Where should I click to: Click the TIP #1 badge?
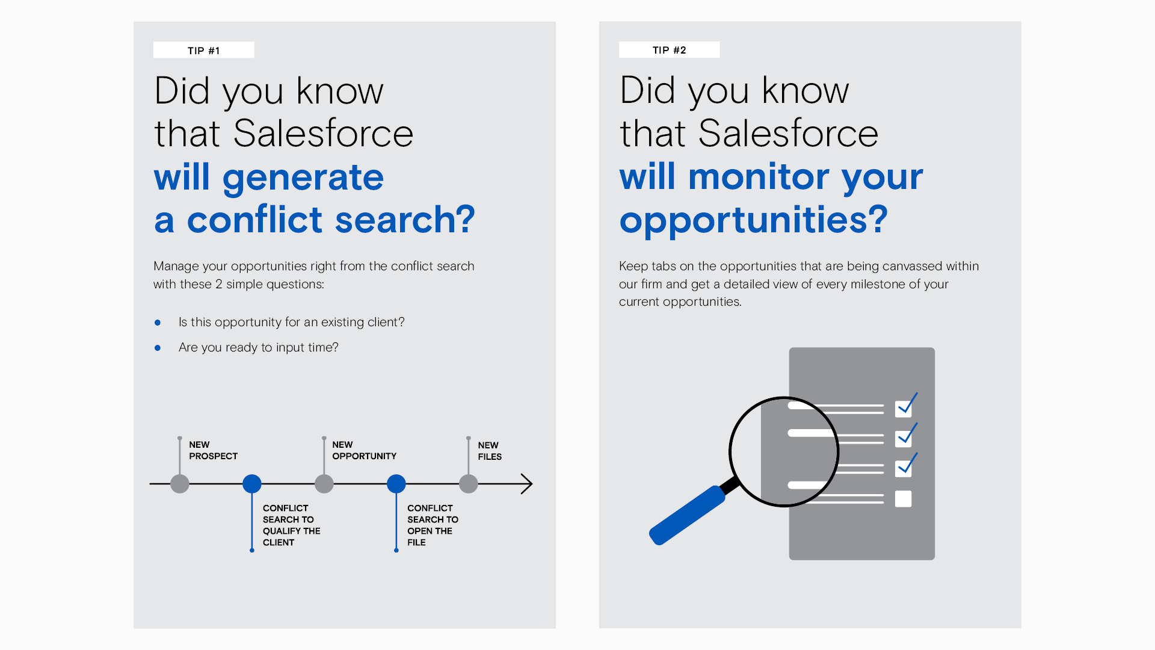tap(204, 50)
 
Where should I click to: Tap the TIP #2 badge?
tap(669, 50)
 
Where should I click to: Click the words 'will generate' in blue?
tap(268, 178)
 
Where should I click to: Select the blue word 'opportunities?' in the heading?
tap(753, 220)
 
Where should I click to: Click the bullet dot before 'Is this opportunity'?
tap(158, 323)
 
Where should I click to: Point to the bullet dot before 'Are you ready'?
tap(158, 348)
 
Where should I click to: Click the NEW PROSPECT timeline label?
tap(213, 450)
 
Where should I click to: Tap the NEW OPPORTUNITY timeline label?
tap(364, 450)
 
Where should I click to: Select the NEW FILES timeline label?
tap(490, 451)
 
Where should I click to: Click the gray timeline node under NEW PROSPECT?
tap(180, 484)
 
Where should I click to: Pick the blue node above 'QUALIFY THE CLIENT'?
tap(252, 484)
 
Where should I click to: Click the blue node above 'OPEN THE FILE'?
tap(396, 484)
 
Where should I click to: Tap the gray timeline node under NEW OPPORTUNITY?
tap(324, 484)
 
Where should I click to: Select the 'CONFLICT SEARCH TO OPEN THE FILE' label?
tap(433, 525)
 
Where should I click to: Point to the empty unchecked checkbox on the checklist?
tap(903, 499)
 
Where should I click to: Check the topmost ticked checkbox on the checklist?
tap(903, 409)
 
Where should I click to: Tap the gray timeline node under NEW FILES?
tap(469, 484)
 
